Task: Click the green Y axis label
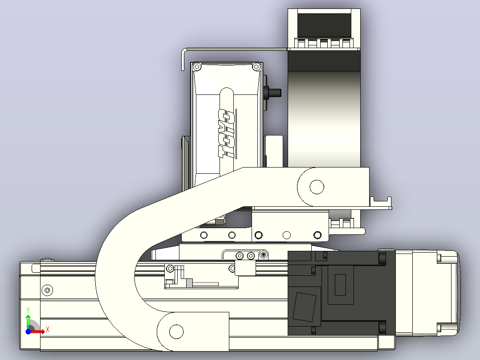(x=28, y=310)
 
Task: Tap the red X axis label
(x=48, y=330)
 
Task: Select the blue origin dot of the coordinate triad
(x=28, y=331)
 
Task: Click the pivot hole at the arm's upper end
(x=317, y=187)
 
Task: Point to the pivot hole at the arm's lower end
(x=176, y=331)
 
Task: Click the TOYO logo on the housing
(x=227, y=134)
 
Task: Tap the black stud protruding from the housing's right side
(x=274, y=92)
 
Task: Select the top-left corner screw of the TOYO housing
(x=197, y=66)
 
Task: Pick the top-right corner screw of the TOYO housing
(x=256, y=66)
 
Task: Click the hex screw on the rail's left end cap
(x=47, y=290)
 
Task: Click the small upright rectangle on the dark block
(x=340, y=285)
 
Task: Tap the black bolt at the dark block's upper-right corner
(x=382, y=258)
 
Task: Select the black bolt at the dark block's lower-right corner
(x=382, y=327)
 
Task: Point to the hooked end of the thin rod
(x=183, y=59)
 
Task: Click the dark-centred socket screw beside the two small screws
(x=264, y=254)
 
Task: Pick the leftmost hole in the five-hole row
(x=203, y=235)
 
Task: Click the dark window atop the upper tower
(x=324, y=25)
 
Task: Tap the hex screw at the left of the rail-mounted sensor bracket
(x=170, y=269)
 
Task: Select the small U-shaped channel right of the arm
(x=381, y=201)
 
